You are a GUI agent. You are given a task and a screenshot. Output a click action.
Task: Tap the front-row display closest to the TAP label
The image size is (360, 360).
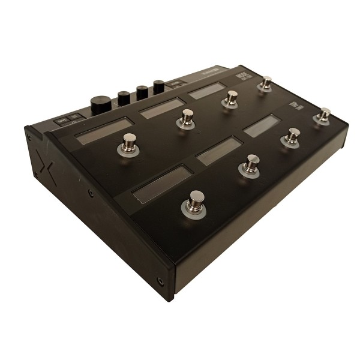(x=261, y=125)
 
